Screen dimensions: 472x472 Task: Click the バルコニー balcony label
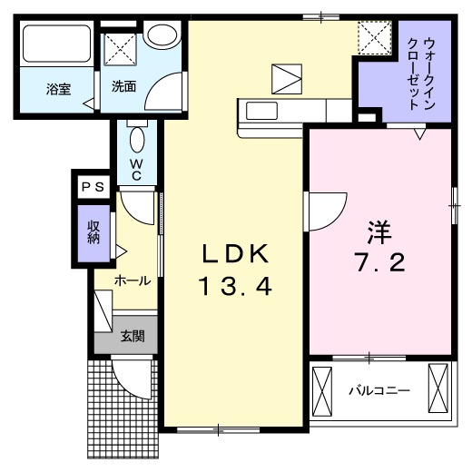(x=379, y=391)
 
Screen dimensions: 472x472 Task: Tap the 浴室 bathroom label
(x=59, y=89)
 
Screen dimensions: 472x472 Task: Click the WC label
(x=136, y=170)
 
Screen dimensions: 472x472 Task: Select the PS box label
(x=93, y=187)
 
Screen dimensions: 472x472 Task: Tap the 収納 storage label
(x=93, y=233)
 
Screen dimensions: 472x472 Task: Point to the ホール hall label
(x=132, y=282)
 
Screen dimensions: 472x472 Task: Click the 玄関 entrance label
(x=133, y=336)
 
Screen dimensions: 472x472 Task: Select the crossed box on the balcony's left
(x=324, y=391)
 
